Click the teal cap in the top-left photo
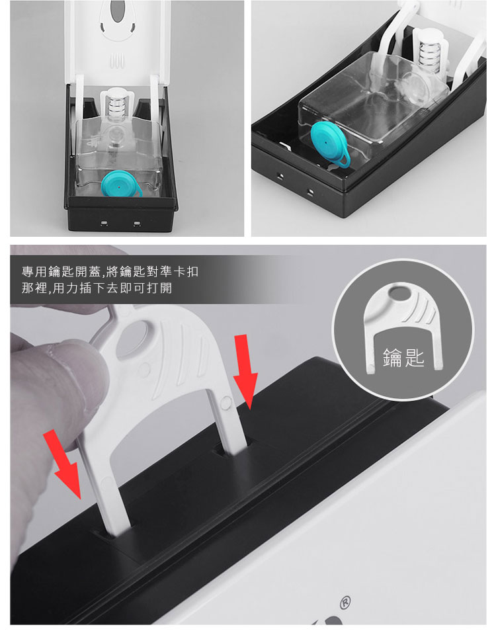[x=119, y=185]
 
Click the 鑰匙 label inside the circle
[x=403, y=358]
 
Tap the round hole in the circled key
[x=399, y=294]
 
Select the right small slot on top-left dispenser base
[x=137, y=223]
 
